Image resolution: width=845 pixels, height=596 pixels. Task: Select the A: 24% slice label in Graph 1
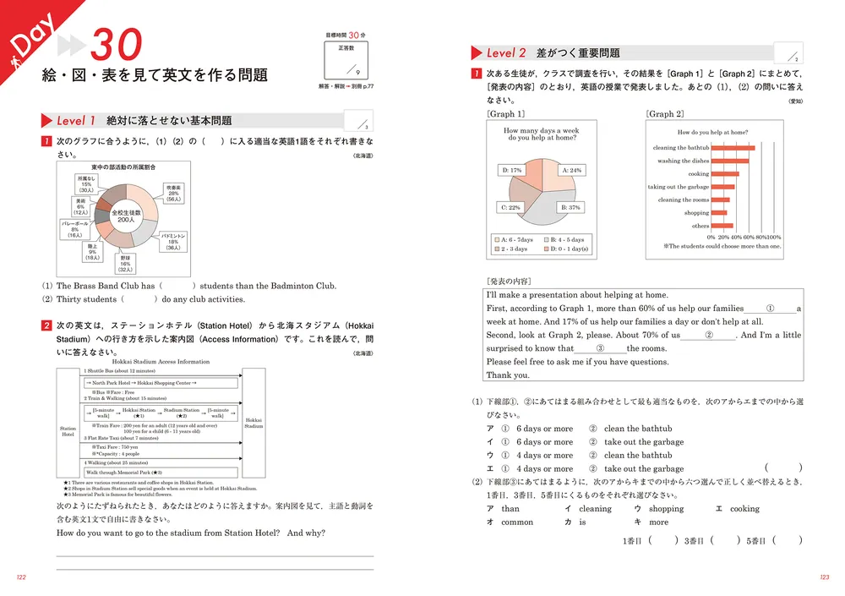click(572, 170)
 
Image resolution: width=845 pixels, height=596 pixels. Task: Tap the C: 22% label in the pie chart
click(510, 207)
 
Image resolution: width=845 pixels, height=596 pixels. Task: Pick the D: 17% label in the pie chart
click(512, 170)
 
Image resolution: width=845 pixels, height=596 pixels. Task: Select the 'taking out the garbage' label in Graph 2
click(679, 187)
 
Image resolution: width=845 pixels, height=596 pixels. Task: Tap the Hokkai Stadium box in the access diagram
click(253, 423)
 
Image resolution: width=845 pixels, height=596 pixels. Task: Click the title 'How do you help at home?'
click(712, 132)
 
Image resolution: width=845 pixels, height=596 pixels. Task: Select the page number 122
click(22, 577)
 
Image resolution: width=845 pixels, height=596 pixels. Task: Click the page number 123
click(824, 577)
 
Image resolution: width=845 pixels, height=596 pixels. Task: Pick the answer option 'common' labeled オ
click(516, 522)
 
